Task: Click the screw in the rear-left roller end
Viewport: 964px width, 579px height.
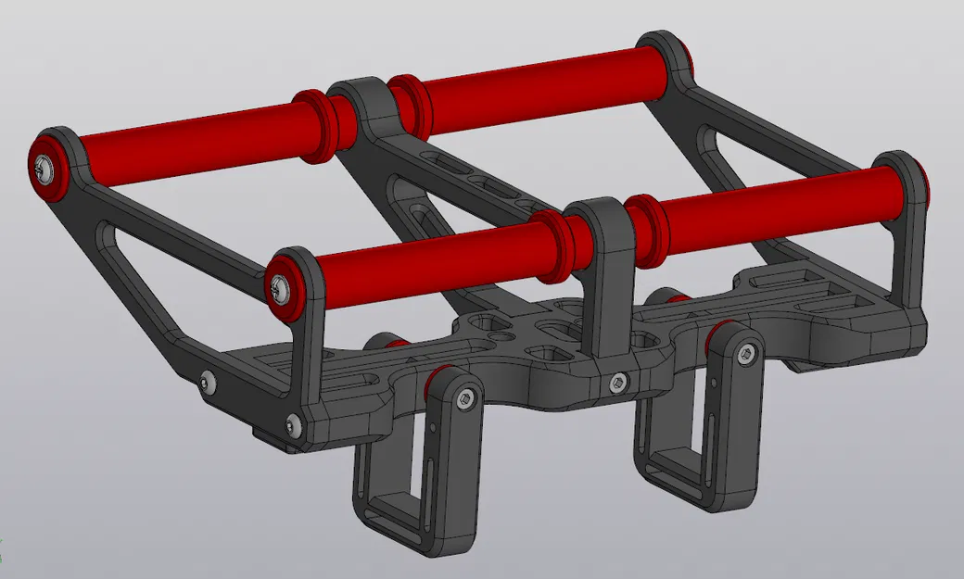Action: tap(45, 167)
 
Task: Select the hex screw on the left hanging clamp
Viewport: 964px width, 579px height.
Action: tap(465, 398)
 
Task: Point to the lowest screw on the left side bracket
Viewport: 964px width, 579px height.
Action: tap(294, 425)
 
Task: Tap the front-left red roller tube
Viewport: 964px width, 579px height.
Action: tap(417, 250)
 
